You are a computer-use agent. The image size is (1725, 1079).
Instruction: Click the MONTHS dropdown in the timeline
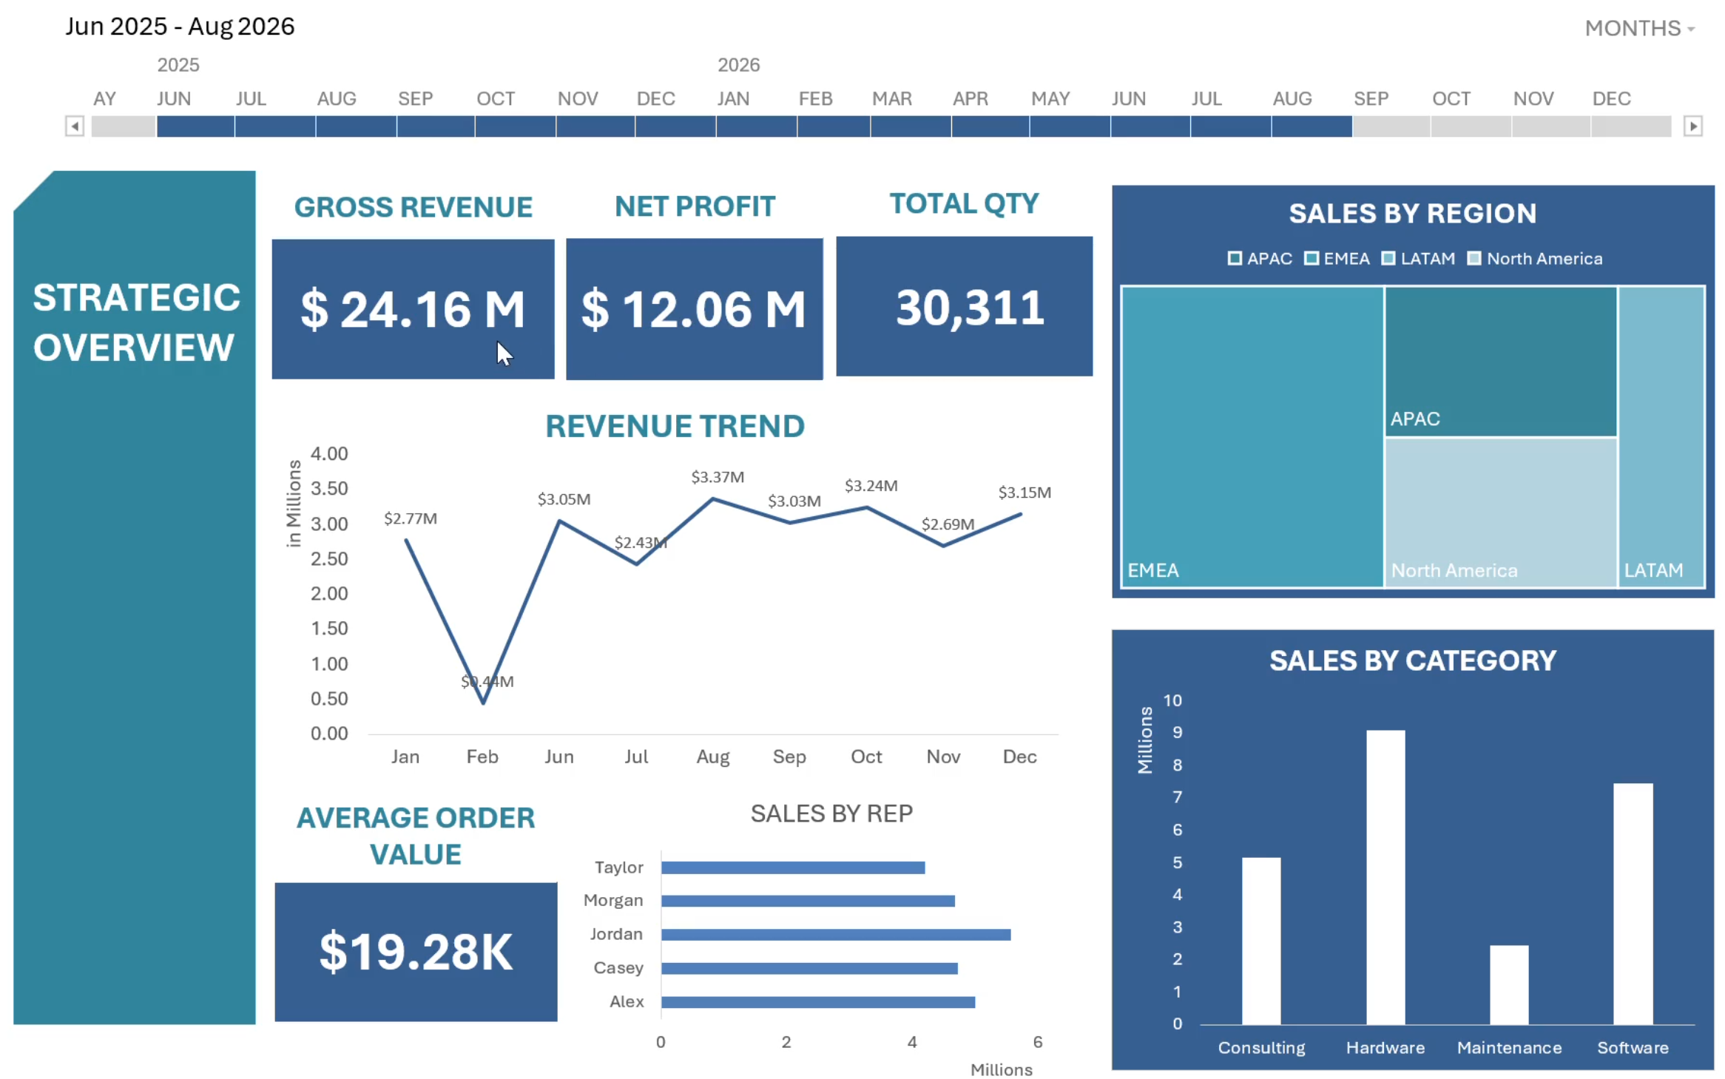1638,28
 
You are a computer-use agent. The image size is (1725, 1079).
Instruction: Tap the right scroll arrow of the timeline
1692,126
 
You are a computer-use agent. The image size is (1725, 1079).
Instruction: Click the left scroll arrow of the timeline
74,126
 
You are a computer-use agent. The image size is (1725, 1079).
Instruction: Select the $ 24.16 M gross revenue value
412,309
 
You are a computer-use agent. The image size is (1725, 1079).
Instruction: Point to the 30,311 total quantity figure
969,308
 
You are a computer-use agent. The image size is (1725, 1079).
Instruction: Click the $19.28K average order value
416,952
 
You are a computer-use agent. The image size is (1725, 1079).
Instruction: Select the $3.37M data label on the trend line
717,477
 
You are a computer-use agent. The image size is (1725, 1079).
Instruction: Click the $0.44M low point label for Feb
487,681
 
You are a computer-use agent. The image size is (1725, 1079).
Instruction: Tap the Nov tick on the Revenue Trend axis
943,757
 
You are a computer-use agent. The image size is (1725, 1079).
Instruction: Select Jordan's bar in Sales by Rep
835,935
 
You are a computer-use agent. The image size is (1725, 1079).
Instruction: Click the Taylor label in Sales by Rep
618,867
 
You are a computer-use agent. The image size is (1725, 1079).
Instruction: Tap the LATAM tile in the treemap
1661,436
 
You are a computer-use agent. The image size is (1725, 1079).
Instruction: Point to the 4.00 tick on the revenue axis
329,453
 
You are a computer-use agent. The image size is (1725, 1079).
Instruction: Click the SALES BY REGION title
1412,214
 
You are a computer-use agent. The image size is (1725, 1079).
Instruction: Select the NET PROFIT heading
695,206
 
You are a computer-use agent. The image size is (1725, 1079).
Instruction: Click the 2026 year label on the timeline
738,65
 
